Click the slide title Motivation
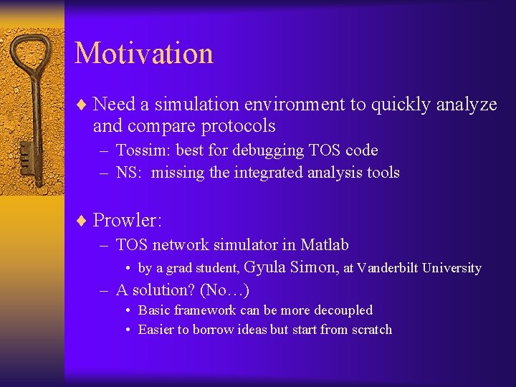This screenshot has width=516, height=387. (143, 54)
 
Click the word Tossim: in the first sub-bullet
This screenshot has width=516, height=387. (142, 150)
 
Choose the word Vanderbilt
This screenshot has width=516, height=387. (388, 268)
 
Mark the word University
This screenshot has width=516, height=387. (451, 268)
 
